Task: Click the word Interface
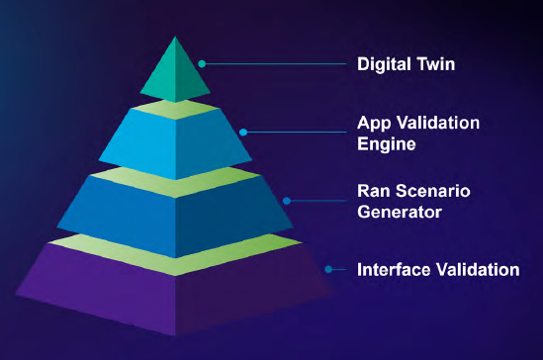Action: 393,268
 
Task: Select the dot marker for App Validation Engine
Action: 244,132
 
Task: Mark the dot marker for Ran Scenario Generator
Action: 287,200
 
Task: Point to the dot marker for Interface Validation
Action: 330,268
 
